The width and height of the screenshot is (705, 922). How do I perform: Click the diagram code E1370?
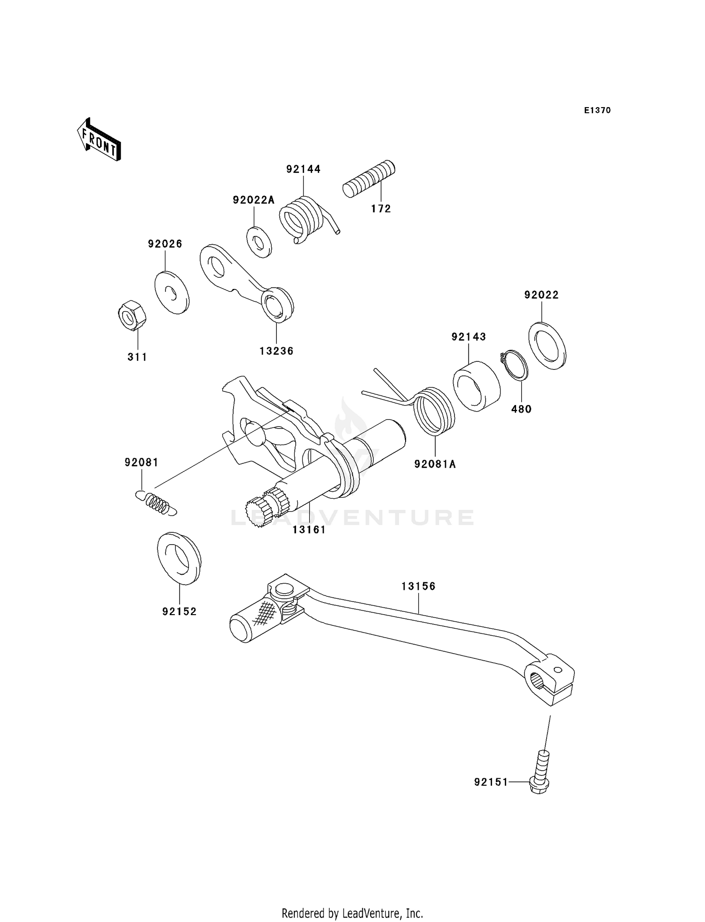[x=597, y=110]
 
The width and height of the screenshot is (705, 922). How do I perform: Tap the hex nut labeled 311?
[x=131, y=316]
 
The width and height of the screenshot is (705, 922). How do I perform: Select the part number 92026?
[x=165, y=244]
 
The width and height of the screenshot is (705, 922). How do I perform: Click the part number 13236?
[x=276, y=351]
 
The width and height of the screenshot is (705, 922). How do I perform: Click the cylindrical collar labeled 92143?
[x=477, y=385]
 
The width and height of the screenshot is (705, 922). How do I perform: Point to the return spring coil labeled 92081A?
[x=433, y=410]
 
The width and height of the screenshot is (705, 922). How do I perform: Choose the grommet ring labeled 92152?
[x=179, y=558]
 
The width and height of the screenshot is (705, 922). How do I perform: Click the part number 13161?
[x=309, y=530]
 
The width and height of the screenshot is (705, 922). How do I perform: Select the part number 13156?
[x=418, y=586]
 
